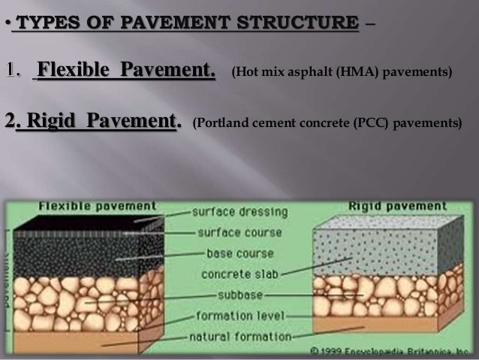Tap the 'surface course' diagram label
(235, 232)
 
